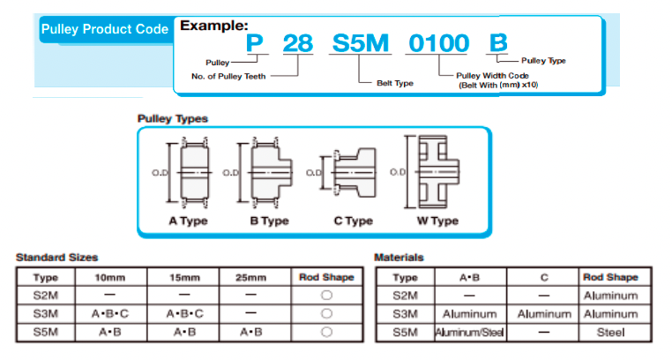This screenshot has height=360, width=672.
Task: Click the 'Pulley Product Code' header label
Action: pyautogui.click(x=104, y=29)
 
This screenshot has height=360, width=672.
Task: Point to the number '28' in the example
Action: pyautogui.click(x=299, y=42)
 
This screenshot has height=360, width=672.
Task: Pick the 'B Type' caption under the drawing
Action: pyautogui.click(x=269, y=221)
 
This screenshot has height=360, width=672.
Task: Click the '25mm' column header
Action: pyautogui.click(x=251, y=277)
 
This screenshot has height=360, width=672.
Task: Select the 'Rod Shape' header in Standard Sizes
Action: pyautogui.click(x=326, y=277)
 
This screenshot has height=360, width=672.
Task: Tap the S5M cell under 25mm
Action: pyautogui.click(x=251, y=332)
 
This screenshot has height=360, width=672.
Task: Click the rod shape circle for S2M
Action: pyautogui.click(x=326, y=296)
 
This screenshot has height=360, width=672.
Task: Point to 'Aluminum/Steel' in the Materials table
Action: pyautogui.click(x=467, y=333)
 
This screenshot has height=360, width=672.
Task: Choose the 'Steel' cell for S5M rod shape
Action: pyautogui.click(x=610, y=333)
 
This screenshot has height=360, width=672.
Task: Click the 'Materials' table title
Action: pyautogui.click(x=399, y=257)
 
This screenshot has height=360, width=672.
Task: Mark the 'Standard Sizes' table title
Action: pyautogui.click(x=56, y=257)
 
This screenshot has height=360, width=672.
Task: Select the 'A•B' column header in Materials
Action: pyautogui.click(x=467, y=277)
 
